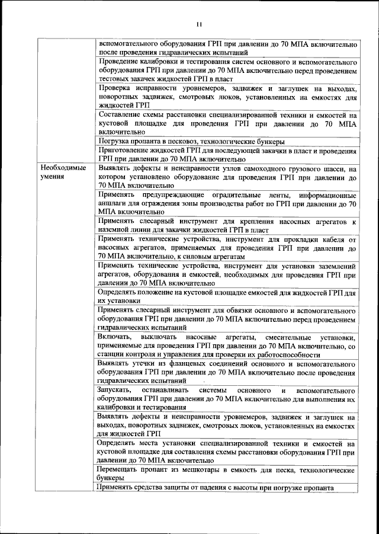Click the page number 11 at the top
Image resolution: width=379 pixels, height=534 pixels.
(198, 24)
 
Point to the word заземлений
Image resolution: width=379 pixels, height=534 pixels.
(335, 266)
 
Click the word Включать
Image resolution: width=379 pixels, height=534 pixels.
(115, 337)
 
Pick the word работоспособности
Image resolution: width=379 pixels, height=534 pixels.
(284, 354)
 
